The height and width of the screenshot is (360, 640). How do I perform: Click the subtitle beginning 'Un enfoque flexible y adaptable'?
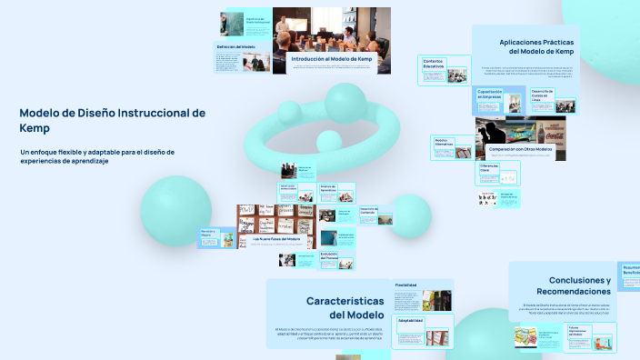point(96,155)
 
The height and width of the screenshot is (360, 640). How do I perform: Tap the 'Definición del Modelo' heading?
point(235,45)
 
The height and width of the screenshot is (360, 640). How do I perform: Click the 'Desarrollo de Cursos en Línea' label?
point(542,95)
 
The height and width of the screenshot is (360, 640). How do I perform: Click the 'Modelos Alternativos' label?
point(444,142)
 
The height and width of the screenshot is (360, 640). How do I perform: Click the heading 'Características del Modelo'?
point(345,306)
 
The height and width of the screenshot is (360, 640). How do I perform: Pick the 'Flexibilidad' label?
point(406,285)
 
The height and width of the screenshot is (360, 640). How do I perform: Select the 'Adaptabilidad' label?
point(410,320)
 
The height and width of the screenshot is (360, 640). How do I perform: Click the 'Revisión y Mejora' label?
point(211,234)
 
